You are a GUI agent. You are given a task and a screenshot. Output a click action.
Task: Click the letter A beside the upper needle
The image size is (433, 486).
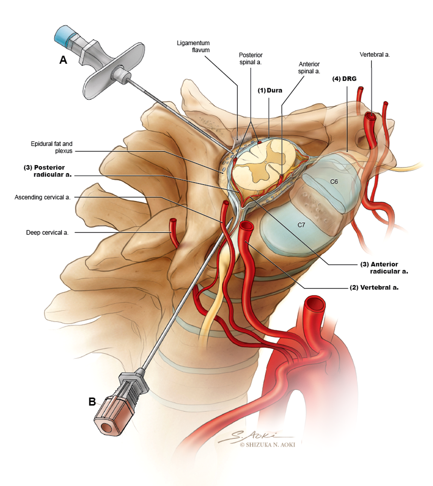63,60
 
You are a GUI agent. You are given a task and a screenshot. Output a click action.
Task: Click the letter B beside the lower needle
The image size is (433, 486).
92,402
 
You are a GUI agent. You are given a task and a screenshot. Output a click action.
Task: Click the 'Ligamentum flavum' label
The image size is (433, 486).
193,47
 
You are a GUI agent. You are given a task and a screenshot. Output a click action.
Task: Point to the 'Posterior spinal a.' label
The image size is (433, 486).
251,59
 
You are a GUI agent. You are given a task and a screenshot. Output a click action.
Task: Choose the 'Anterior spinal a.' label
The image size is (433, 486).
309,68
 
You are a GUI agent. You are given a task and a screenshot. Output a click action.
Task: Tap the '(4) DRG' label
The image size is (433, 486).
344,79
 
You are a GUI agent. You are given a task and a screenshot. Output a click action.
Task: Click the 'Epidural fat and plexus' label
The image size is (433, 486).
52,147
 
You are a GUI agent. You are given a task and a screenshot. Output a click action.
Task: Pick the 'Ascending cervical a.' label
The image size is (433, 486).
43,197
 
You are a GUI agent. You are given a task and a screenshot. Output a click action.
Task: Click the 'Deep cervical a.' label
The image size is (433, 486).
47,233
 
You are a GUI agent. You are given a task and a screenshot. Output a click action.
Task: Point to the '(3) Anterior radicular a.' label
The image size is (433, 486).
384,268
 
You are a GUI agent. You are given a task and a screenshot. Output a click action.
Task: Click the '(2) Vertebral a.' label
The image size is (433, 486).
374,287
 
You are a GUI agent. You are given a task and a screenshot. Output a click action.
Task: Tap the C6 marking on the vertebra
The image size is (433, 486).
334,182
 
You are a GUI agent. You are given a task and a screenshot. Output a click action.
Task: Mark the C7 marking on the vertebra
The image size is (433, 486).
301,225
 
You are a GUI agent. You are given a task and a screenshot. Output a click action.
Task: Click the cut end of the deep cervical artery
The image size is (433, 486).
173,220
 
